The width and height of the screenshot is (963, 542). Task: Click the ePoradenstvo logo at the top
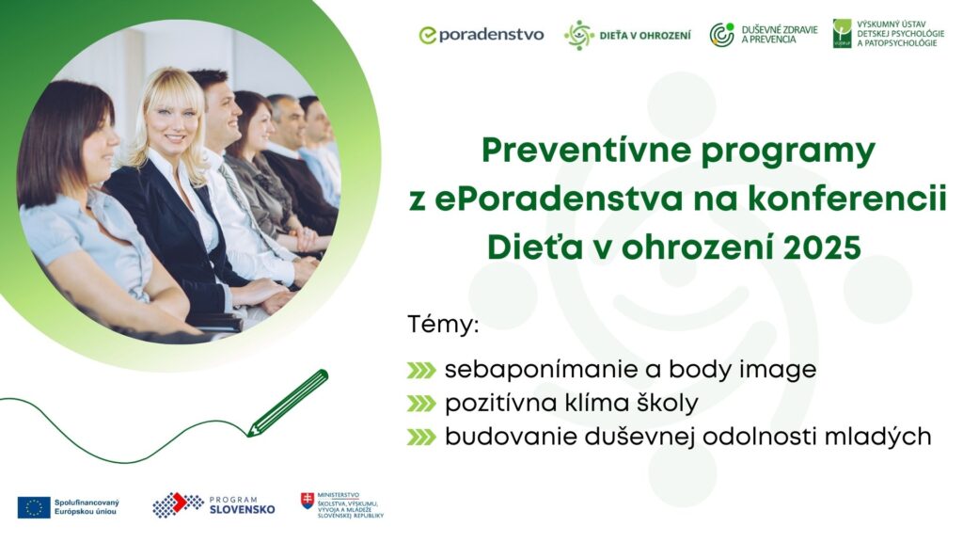tap(481, 35)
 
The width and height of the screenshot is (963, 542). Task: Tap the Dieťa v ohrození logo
tap(627, 35)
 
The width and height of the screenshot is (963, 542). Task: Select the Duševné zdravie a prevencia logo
tap(764, 35)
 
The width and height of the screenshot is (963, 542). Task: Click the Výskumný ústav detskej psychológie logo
tap(889, 33)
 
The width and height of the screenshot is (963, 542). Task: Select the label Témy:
tap(443, 325)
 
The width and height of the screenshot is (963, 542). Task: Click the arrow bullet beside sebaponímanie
tap(421, 370)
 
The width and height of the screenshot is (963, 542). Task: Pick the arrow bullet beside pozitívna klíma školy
tap(421, 403)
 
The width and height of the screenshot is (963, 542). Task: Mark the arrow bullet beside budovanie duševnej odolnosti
tap(421, 437)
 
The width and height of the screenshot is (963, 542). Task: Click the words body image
tap(743, 370)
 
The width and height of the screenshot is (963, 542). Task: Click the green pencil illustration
tap(288, 403)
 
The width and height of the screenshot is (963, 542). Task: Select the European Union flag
tap(34, 507)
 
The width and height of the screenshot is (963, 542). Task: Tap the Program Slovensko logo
tap(213, 505)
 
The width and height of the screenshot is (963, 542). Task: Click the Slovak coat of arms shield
tap(308, 501)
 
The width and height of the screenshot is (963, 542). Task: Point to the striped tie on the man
tap(244, 203)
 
